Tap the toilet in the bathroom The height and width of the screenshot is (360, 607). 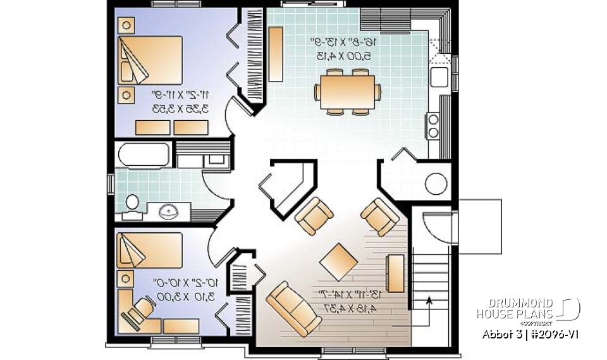coord(132,204)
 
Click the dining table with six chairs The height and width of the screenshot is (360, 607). coord(347,92)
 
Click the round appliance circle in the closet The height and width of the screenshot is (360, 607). coord(436,183)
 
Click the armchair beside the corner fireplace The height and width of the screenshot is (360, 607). coord(314,214)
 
